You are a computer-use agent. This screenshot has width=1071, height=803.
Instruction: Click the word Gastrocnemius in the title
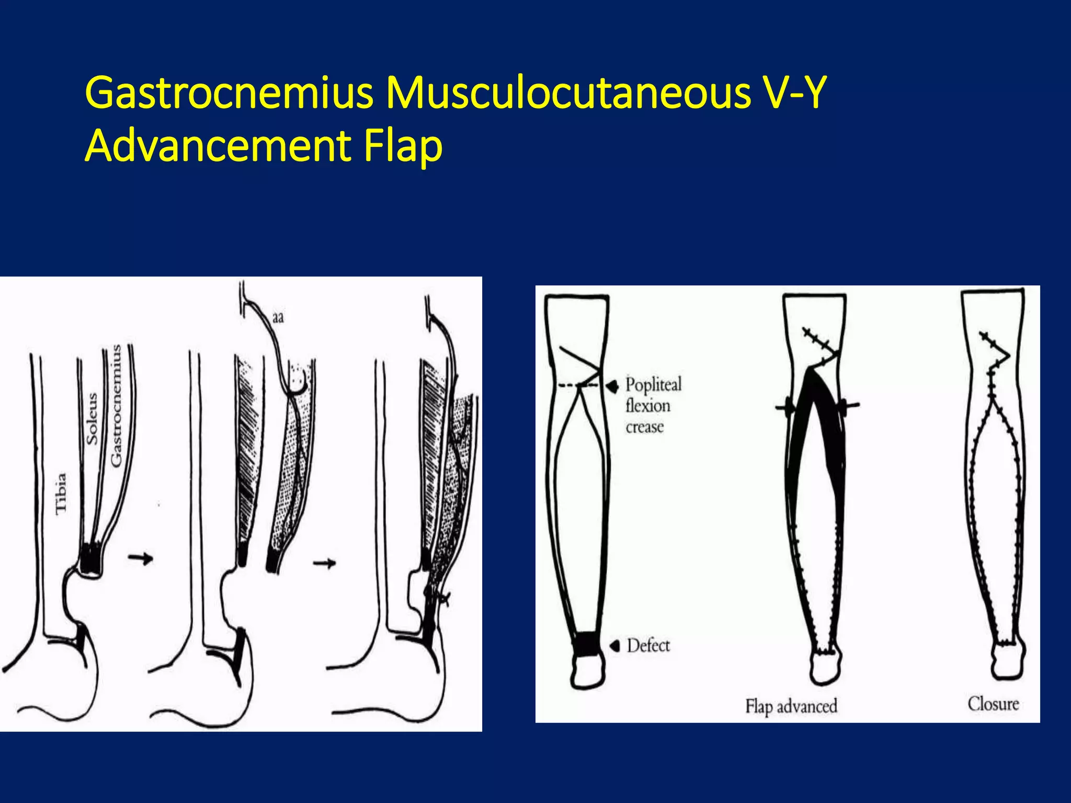(x=229, y=93)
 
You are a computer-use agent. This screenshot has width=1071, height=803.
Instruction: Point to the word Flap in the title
(x=403, y=146)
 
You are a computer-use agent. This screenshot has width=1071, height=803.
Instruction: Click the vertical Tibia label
(x=61, y=493)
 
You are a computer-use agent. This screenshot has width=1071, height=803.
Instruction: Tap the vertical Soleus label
(x=92, y=419)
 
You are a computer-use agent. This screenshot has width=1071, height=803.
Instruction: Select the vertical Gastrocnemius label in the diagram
(x=116, y=405)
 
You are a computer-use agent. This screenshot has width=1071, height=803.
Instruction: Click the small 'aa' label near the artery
(x=278, y=317)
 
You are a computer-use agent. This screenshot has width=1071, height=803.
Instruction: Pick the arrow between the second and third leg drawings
(x=324, y=563)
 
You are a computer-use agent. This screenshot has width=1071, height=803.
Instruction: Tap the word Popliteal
(x=654, y=385)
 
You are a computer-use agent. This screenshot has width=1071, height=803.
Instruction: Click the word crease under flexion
(x=645, y=427)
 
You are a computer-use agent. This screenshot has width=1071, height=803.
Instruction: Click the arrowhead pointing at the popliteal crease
(x=612, y=386)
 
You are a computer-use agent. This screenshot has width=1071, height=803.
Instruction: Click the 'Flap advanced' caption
(x=791, y=706)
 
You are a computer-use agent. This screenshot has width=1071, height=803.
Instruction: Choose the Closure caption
(x=993, y=704)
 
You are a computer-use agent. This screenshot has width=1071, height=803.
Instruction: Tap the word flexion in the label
(x=648, y=406)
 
